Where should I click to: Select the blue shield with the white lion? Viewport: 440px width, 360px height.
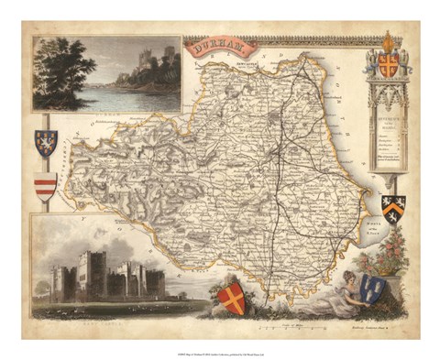pyautogui.click(x=45, y=142)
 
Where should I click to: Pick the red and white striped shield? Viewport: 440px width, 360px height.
pyautogui.click(x=45, y=185)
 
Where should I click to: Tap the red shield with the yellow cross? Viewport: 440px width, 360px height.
pyautogui.click(x=233, y=298)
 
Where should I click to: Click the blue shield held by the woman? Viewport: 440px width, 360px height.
pyautogui.click(x=372, y=289)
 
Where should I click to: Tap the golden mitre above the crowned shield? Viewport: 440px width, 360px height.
pyautogui.click(x=390, y=42)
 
